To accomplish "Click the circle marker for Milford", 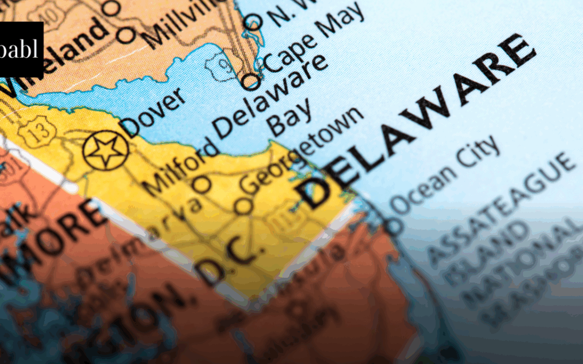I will [x=202, y=184].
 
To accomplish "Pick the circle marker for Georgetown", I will [x=243, y=205].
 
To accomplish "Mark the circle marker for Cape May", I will [x=250, y=81].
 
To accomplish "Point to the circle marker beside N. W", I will [x=253, y=22].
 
